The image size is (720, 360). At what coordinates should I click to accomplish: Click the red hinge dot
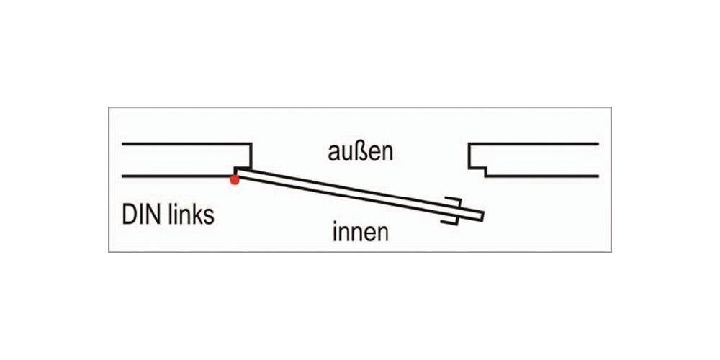pos(234,179)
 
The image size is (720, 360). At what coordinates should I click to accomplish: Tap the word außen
pos(360,153)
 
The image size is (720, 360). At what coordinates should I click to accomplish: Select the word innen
pos(361,233)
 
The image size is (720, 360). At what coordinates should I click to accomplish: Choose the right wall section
pos(536,160)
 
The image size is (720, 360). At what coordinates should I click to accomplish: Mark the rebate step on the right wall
pos(477,170)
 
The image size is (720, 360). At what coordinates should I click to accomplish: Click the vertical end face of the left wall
pos(251,155)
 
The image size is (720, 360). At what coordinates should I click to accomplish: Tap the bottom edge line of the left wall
pos(176,176)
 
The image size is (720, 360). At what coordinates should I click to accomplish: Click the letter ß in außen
pos(363,153)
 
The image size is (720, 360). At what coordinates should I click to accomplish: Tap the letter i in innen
pos(336,232)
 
